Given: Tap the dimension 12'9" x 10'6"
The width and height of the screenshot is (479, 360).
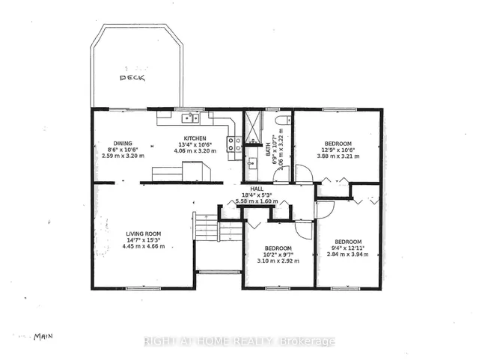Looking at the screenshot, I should coord(338,150).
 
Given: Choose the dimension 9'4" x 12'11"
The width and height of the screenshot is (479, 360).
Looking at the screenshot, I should coord(348,247).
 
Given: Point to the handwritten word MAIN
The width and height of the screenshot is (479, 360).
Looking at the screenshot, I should coord(46,337).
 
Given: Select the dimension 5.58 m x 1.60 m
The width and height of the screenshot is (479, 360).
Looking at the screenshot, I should coord(257,201).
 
